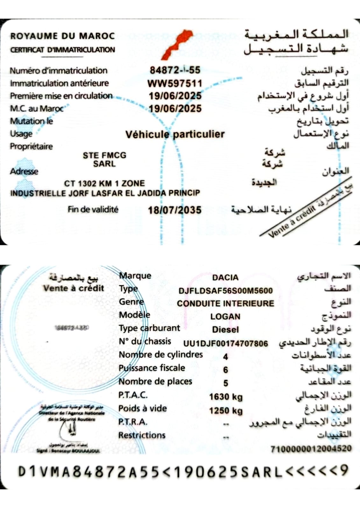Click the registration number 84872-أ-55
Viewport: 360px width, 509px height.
(175, 70)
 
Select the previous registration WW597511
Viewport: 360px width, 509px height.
(175, 83)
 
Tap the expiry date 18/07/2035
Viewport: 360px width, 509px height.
(175, 210)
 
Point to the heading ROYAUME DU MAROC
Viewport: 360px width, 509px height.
(62, 36)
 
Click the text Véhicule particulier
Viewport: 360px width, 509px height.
(175, 134)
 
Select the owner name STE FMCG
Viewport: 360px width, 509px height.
(104, 155)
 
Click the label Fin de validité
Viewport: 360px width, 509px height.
(93, 209)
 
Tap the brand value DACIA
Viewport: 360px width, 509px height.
(225, 278)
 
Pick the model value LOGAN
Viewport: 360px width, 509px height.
(225, 317)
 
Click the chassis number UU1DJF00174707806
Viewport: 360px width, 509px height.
(226, 343)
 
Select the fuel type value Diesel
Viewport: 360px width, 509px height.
(225, 330)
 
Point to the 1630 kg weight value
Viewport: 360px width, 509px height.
(226, 397)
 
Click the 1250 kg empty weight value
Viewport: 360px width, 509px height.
(226, 411)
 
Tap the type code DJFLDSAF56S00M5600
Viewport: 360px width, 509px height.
(226, 291)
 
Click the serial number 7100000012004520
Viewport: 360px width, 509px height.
(311, 449)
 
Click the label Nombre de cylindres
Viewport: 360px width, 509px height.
(160, 355)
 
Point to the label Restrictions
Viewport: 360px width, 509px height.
(142, 435)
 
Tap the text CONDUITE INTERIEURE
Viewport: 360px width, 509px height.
(225, 303)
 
